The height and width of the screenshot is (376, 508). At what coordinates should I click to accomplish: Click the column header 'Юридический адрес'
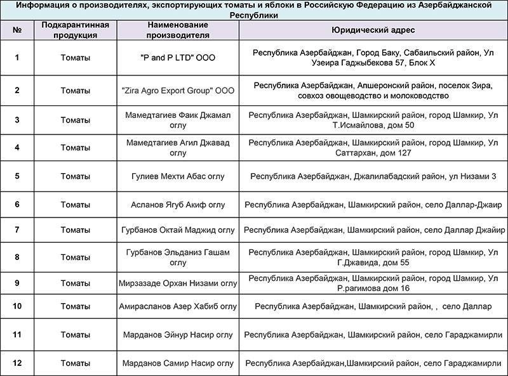click(373, 30)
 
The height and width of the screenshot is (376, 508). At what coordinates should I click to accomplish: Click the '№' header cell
click(17, 30)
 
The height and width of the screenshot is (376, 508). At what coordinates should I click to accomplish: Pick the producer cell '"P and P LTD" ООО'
click(178, 58)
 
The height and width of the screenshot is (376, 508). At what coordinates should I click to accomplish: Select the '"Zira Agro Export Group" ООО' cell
click(178, 91)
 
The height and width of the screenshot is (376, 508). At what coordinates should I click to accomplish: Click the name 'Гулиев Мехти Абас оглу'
click(178, 176)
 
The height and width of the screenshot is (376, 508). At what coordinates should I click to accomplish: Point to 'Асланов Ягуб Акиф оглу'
click(178, 205)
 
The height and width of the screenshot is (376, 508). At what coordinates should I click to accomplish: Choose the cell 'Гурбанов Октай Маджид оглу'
click(178, 230)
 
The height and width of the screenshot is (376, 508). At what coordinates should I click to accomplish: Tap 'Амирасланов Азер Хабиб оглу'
click(178, 306)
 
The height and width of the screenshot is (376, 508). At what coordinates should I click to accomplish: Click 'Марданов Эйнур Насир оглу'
click(178, 334)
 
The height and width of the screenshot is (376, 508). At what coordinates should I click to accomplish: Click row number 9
click(17, 283)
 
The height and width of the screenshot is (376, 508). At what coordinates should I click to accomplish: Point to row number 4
click(17, 148)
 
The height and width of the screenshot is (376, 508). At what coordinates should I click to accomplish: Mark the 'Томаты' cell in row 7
click(75, 230)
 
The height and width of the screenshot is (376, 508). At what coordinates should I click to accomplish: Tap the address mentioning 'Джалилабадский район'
click(373, 176)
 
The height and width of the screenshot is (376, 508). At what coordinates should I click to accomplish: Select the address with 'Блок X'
click(373, 58)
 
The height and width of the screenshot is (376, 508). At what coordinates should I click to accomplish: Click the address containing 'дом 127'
click(373, 148)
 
